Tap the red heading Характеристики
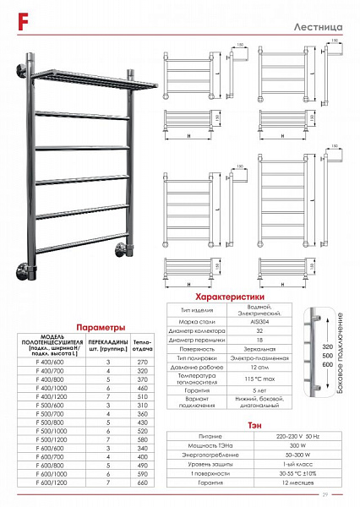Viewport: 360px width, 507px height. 231,297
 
